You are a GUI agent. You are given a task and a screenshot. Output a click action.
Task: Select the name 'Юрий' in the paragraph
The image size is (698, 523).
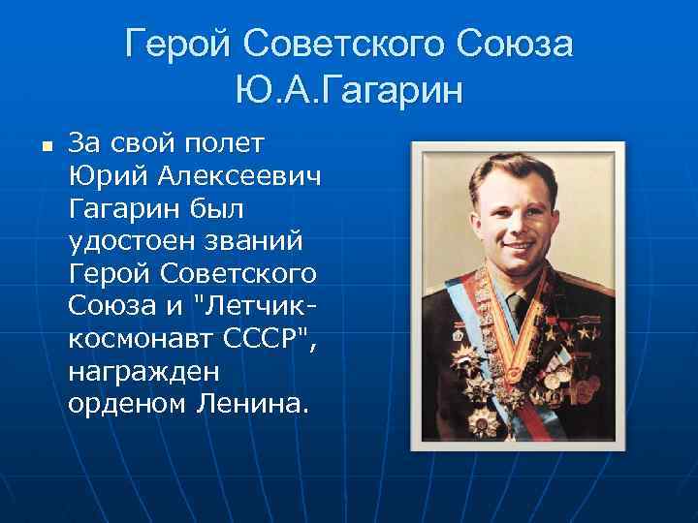(x=98, y=177)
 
